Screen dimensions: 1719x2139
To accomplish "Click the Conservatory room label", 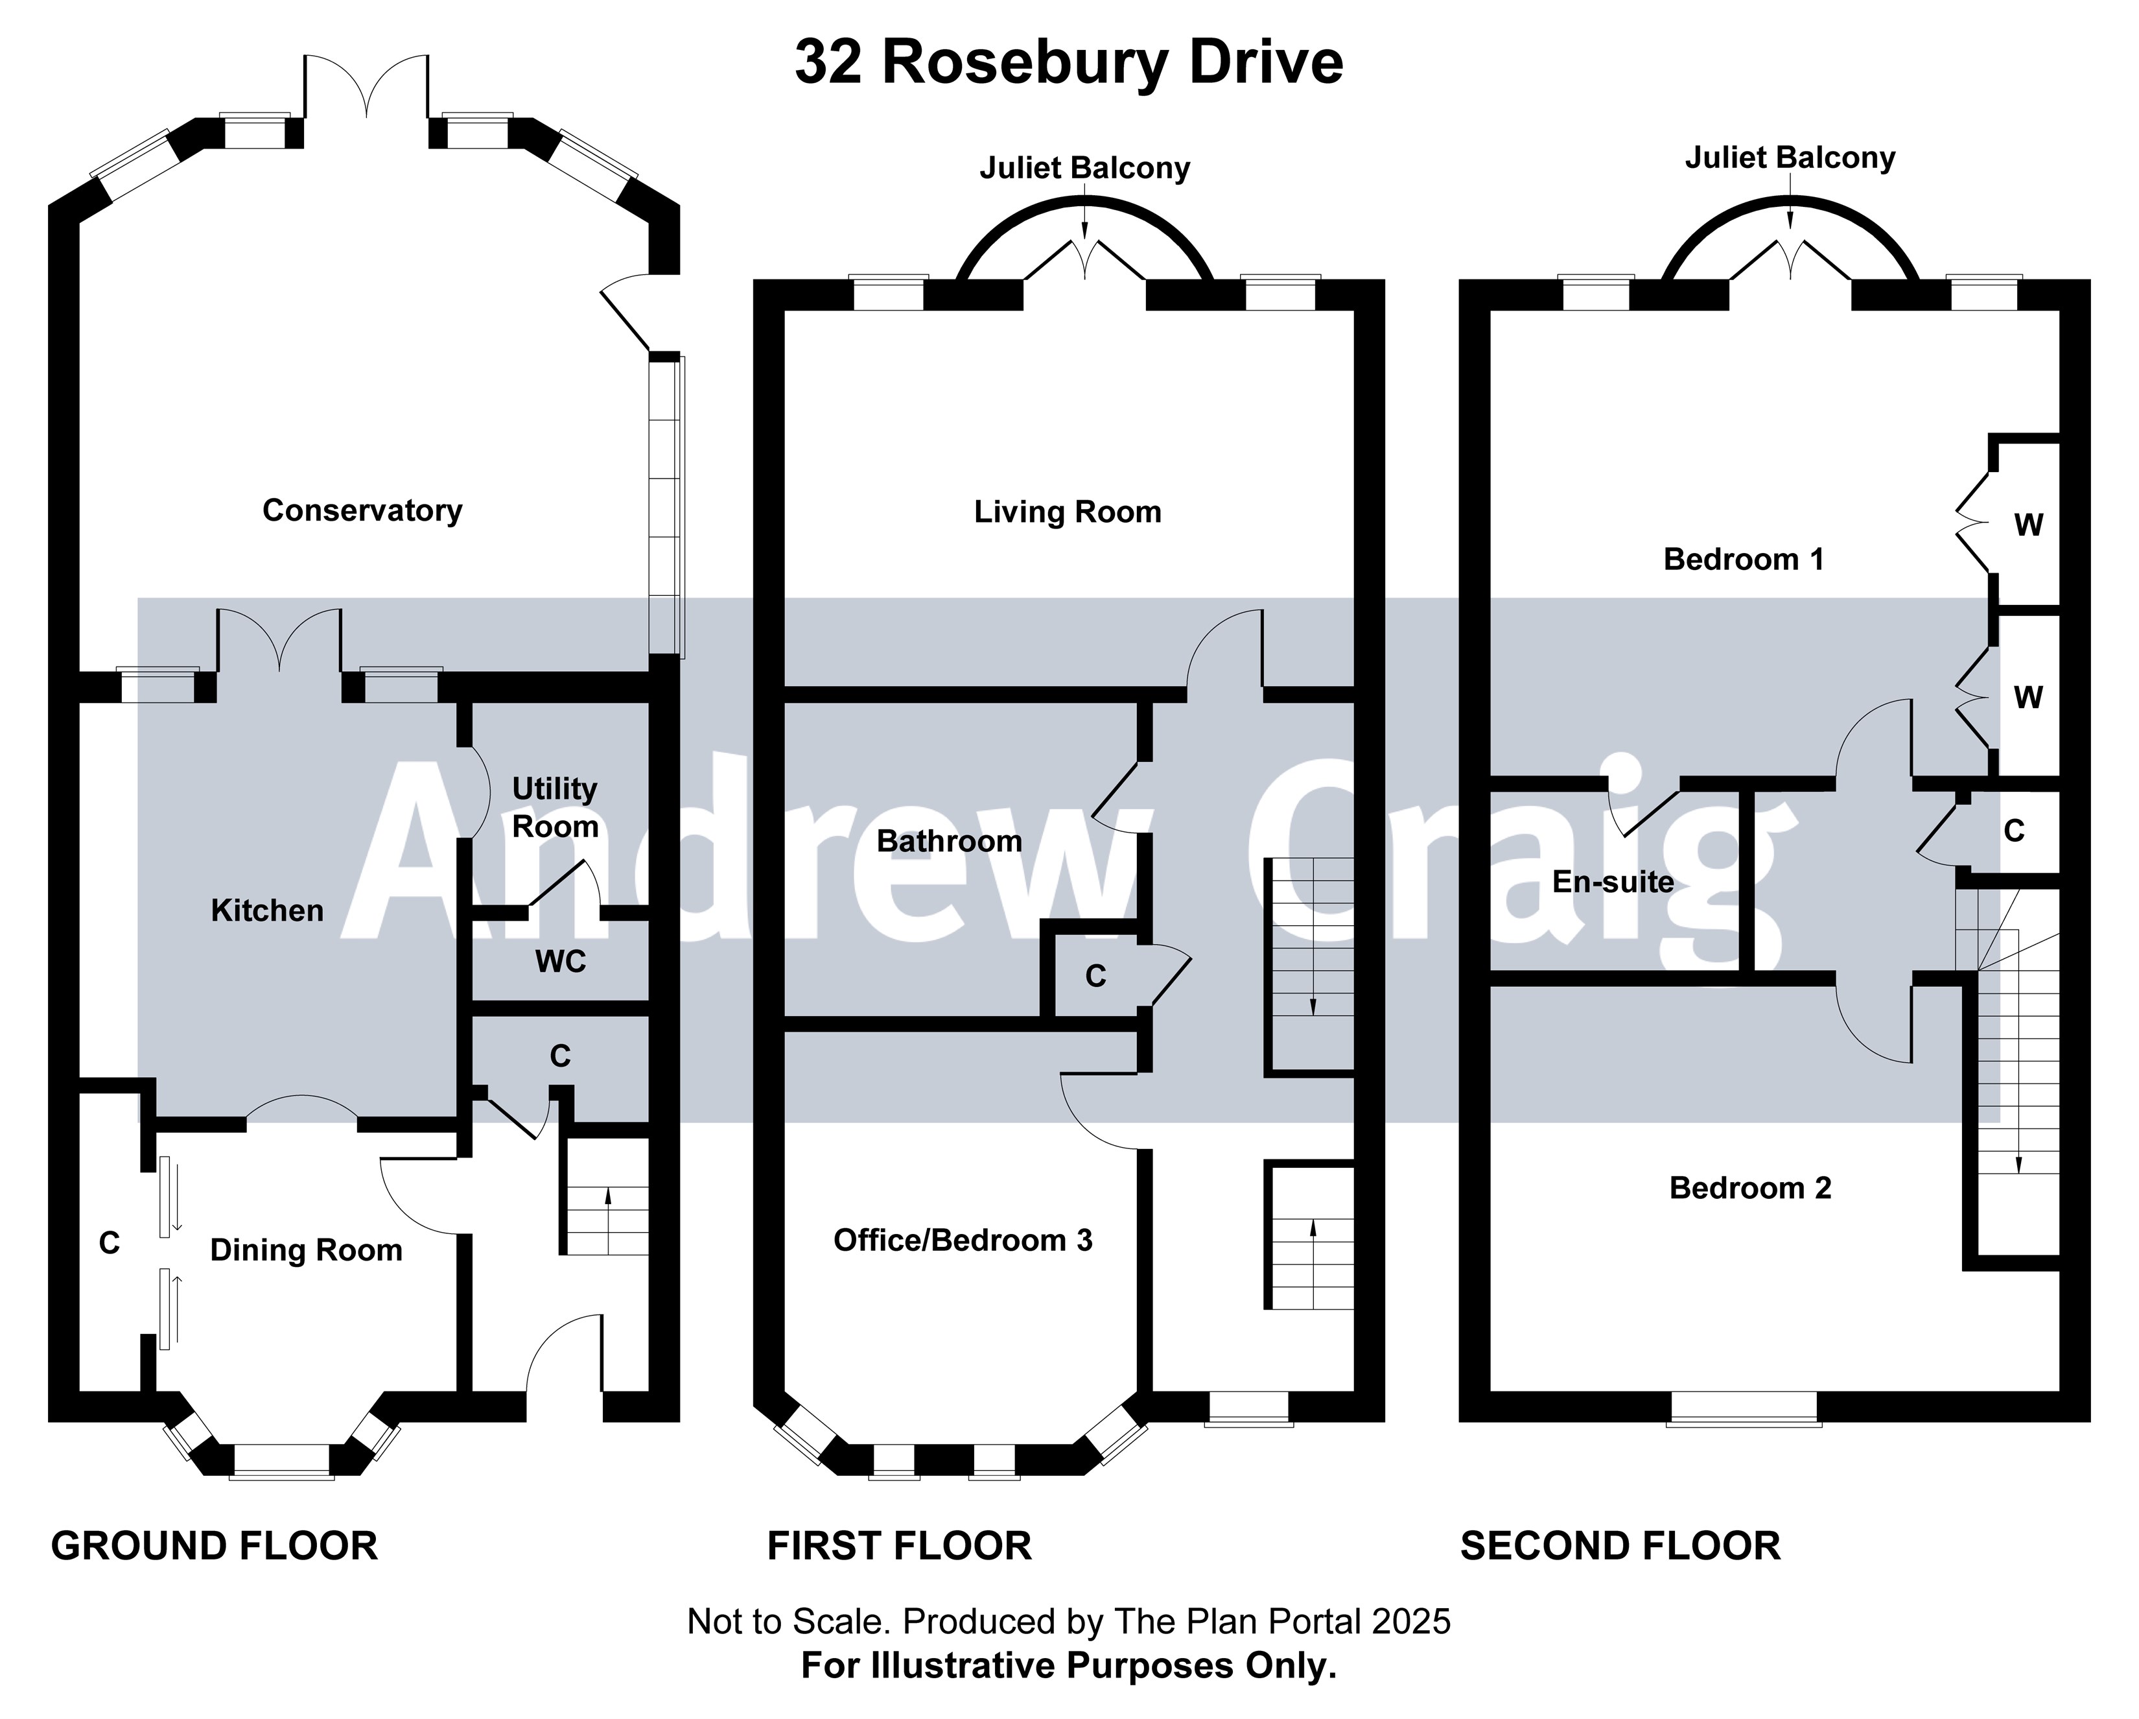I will pos(362,510).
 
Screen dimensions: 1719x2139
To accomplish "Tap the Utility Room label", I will pos(555,807).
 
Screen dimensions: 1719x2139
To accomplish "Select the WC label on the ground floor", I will pos(561,961).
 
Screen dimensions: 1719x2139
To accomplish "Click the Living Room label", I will pos(1068,512).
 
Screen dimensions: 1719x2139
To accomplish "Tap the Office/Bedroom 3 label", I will pos(963,1240).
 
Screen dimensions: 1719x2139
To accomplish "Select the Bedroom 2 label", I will pos(1750,1188).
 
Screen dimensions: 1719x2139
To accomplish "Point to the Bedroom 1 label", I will pos(1743,560).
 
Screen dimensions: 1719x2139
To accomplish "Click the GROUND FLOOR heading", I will pos(215,1547).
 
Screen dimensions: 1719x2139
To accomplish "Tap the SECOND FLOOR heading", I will pos(1620,1547).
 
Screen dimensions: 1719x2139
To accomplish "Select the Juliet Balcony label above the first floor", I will pos(1084,168).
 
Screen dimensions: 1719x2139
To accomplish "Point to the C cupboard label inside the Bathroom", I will pos(1095,977).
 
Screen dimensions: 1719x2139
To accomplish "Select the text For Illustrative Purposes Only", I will pos(1068,1665).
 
